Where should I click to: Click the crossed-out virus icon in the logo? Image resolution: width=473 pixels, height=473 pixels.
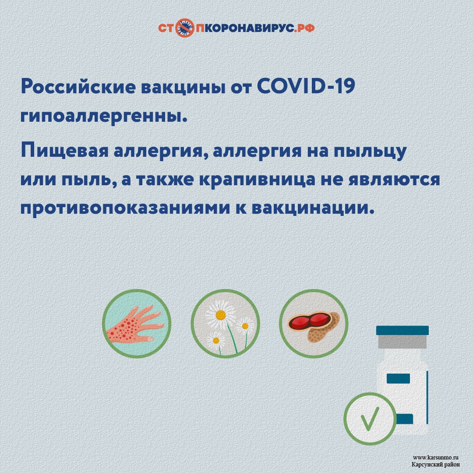(185, 28)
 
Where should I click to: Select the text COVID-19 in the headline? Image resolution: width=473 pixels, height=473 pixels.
(306, 86)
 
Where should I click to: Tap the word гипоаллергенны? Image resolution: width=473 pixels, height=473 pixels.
(104, 116)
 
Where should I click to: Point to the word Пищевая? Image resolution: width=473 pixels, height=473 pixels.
(64, 151)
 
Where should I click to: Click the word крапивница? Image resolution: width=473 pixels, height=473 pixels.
(257, 180)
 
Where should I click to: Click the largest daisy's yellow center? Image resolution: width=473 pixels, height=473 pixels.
(220, 315)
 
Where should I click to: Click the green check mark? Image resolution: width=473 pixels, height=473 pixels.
(370, 418)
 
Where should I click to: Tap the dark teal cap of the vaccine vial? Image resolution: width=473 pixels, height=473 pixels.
(402, 330)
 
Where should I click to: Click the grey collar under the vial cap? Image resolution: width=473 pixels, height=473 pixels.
(402, 342)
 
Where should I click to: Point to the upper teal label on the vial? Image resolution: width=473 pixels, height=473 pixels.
(398, 378)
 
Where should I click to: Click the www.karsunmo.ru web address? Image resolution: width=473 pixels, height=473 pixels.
(436, 458)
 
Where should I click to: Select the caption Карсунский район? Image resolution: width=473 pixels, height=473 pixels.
(436, 465)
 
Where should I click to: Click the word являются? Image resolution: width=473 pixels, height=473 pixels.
(394, 180)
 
